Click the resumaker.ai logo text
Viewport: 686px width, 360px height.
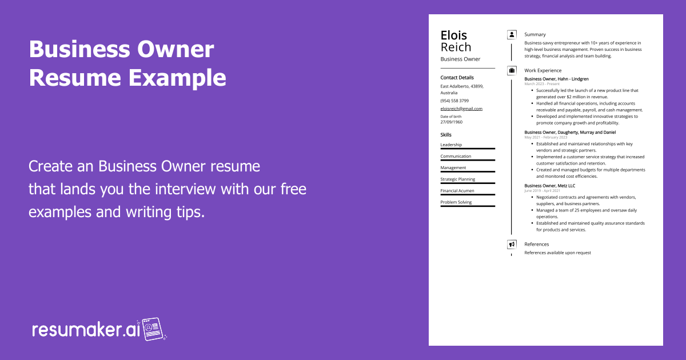pyautogui.click(x=86, y=330)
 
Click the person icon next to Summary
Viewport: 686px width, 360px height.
pyautogui.click(x=512, y=35)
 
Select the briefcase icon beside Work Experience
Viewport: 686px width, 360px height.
pyautogui.click(x=512, y=71)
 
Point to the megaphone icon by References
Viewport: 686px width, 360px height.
pyautogui.click(x=512, y=245)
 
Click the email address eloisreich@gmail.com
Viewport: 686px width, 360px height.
pyautogui.click(x=461, y=109)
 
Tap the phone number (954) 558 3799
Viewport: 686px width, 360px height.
pyautogui.click(x=454, y=101)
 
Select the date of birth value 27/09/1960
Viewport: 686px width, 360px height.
pyautogui.click(x=452, y=122)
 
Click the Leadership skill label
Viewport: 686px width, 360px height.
pyautogui.click(x=451, y=145)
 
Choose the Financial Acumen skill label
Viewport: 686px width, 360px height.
pyautogui.click(x=457, y=191)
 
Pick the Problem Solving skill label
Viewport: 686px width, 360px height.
pyautogui.click(x=456, y=202)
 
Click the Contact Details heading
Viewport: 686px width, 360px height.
pyautogui.click(x=457, y=78)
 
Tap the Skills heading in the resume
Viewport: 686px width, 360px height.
pyautogui.click(x=446, y=135)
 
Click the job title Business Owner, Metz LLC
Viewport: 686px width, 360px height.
pyautogui.click(x=550, y=186)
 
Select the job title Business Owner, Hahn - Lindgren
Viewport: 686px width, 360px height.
pyautogui.click(x=556, y=79)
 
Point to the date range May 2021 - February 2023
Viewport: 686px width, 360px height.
pyautogui.click(x=546, y=137)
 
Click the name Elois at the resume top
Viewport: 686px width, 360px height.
pyautogui.click(x=453, y=35)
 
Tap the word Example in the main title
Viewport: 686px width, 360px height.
pyautogui.click(x=177, y=78)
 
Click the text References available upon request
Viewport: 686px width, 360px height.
pyautogui.click(x=558, y=253)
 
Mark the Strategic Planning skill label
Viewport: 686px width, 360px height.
pyautogui.click(x=458, y=179)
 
